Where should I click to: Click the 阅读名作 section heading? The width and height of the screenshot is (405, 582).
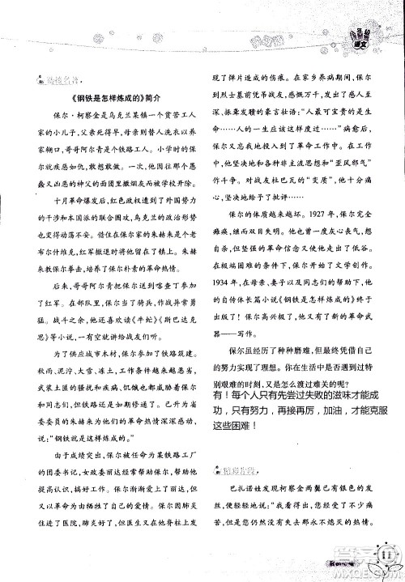58,81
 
